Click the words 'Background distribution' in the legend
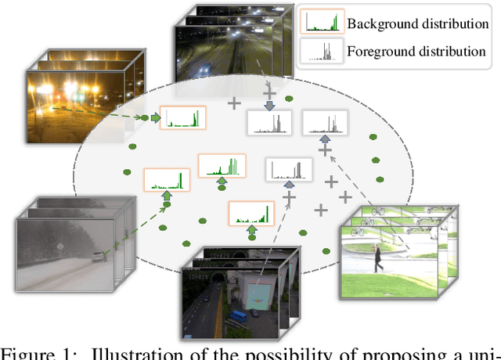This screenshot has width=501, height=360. (417, 23)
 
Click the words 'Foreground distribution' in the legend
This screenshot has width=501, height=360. (418, 51)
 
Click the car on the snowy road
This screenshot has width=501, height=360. (96, 257)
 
